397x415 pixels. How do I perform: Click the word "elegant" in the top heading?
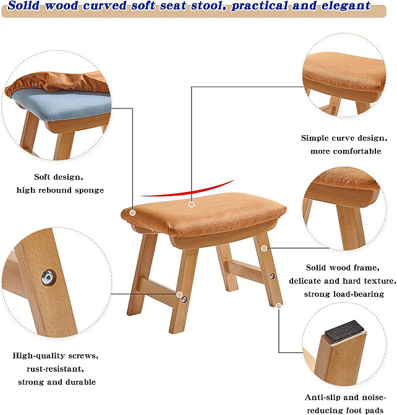[346, 6]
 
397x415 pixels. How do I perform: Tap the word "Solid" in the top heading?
[23, 6]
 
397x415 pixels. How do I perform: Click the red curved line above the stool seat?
[187, 190]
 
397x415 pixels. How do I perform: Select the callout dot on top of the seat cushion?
[191, 204]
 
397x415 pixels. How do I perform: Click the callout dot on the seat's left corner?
[133, 212]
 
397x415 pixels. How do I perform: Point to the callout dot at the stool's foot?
[279, 306]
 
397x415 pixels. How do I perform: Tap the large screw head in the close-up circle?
[48, 277]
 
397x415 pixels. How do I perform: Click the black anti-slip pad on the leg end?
[344, 331]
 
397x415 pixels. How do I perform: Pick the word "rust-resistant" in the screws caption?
[55, 369]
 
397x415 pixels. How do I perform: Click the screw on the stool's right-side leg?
[271, 276]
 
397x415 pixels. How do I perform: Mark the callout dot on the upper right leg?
[264, 248]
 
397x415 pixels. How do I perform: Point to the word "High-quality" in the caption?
[39, 356]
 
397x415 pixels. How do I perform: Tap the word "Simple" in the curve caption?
[315, 138]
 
